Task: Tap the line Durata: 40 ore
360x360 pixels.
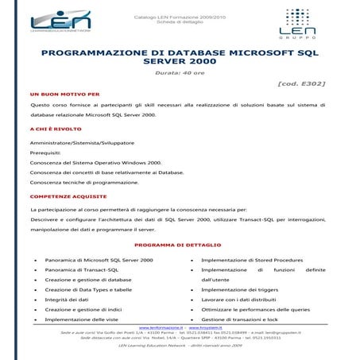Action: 179,72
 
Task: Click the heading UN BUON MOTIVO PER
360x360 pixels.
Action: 64,93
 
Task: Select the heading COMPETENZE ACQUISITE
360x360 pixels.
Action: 68,195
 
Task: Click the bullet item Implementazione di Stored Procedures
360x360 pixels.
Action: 252,260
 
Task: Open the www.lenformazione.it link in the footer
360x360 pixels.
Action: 161,327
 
